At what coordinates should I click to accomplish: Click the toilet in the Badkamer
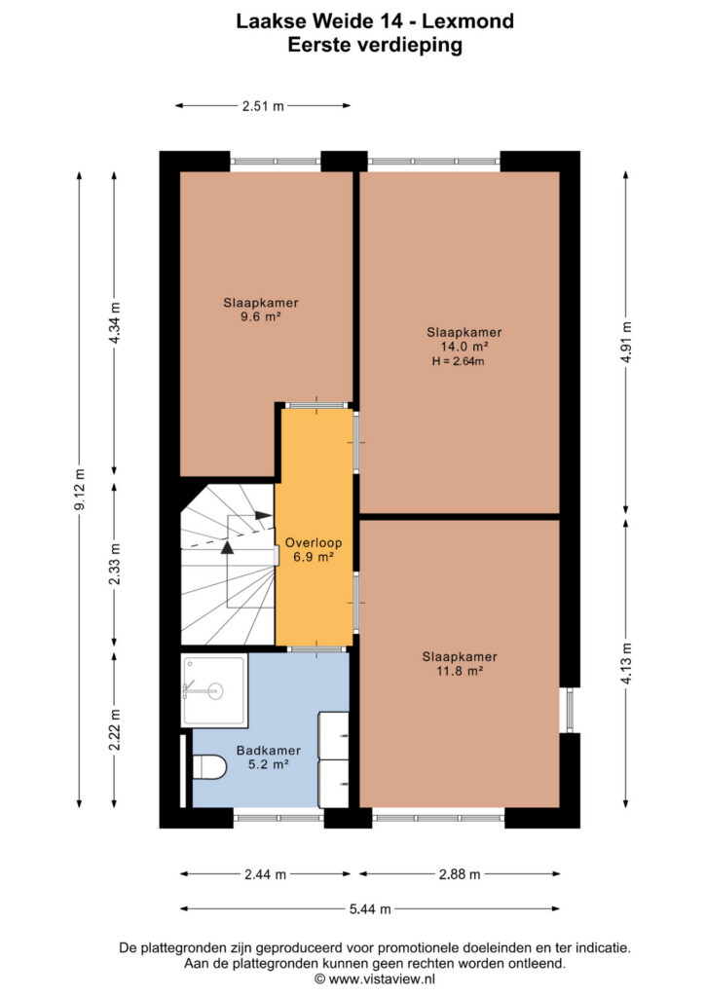click(209, 767)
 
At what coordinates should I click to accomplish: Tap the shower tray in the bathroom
click(214, 690)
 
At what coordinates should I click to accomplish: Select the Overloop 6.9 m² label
click(314, 550)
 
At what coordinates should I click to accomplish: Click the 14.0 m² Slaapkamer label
click(464, 339)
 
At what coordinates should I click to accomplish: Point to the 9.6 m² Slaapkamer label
click(261, 310)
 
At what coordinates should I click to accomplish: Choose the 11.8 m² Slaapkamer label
click(460, 664)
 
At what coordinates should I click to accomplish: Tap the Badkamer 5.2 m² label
click(268, 757)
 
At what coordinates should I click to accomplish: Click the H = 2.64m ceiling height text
click(459, 361)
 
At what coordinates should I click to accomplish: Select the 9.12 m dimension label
click(80, 490)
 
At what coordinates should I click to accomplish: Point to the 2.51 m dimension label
click(263, 106)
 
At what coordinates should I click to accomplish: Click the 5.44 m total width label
click(370, 909)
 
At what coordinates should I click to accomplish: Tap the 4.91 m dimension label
click(626, 342)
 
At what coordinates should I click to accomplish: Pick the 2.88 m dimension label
click(460, 874)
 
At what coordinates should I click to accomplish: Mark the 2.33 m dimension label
click(115, 565)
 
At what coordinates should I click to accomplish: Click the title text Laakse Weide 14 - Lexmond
click(375, 21)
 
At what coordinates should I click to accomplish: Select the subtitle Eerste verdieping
click(375, 45)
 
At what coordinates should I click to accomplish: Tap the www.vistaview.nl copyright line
click(375, 979)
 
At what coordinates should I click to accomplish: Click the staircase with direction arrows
click(228, 565)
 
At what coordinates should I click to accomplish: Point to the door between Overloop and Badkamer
click(316, 649)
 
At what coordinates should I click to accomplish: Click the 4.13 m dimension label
click(626, 664)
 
